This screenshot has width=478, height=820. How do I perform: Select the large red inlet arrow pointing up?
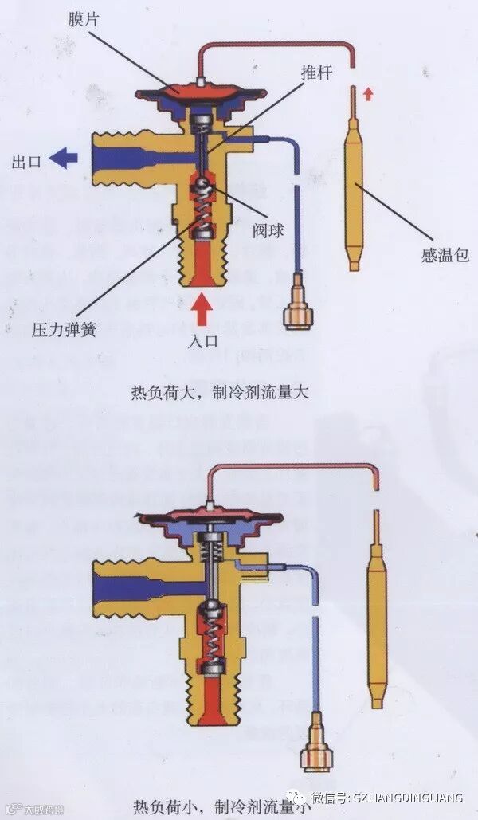pyautogui.click(x=202, y=309)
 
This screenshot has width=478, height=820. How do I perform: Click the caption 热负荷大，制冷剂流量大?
pyautogui.click(x=219, y=393)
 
